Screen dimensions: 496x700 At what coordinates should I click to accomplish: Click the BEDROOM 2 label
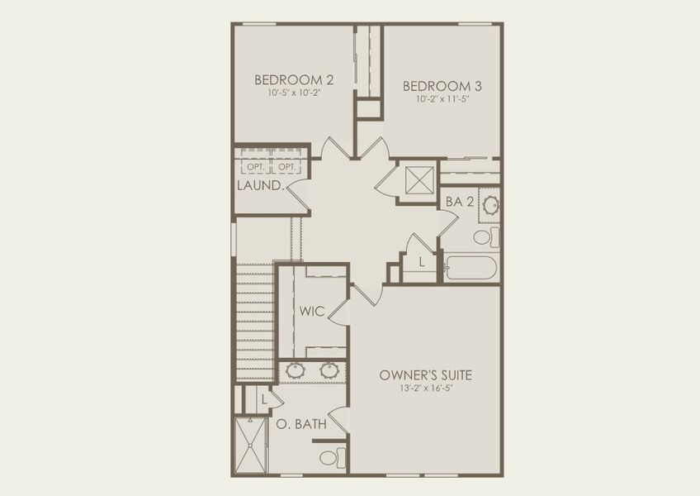coord(293,80)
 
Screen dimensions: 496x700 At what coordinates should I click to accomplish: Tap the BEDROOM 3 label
coord(442,85)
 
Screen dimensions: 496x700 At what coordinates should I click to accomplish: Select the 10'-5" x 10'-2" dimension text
coord(293,94)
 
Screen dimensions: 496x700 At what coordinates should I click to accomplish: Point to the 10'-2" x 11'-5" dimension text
coord(442,99)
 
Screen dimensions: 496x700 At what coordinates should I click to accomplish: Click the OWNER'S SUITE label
coord(425,374)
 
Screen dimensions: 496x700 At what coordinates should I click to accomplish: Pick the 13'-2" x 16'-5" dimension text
coord(425,389)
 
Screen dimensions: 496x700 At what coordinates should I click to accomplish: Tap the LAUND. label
coord(261,185)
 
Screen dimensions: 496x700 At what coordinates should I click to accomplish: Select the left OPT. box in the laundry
coord(254,167)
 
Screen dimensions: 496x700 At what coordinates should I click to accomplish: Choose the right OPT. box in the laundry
coord(286,167)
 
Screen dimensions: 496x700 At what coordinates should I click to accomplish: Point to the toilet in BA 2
coord(485,237)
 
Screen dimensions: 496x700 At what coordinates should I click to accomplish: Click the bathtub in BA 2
coord(471,268)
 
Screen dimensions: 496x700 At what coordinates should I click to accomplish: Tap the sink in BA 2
coord(490,204)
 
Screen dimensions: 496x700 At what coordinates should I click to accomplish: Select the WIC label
coord(312,312)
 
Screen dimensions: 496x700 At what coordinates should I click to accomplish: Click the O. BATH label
coord(300,424)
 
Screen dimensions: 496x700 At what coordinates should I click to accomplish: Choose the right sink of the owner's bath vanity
coord(329,370)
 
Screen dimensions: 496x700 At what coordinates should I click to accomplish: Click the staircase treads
coord(254,322)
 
